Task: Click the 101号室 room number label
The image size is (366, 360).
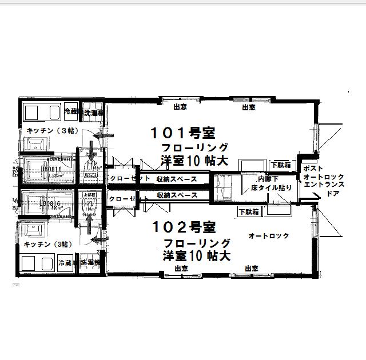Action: click(182, 134)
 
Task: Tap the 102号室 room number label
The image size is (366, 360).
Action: click(182, 227)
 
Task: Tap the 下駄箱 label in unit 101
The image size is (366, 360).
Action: click(280, 165)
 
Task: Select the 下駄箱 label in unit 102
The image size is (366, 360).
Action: click(248, 211)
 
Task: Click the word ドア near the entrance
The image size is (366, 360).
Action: click(332, 194)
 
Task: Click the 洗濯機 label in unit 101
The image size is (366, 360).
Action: click(93, 113)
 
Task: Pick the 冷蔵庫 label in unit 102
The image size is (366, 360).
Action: click(69, 263)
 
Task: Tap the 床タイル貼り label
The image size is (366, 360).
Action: click(271, 187)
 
